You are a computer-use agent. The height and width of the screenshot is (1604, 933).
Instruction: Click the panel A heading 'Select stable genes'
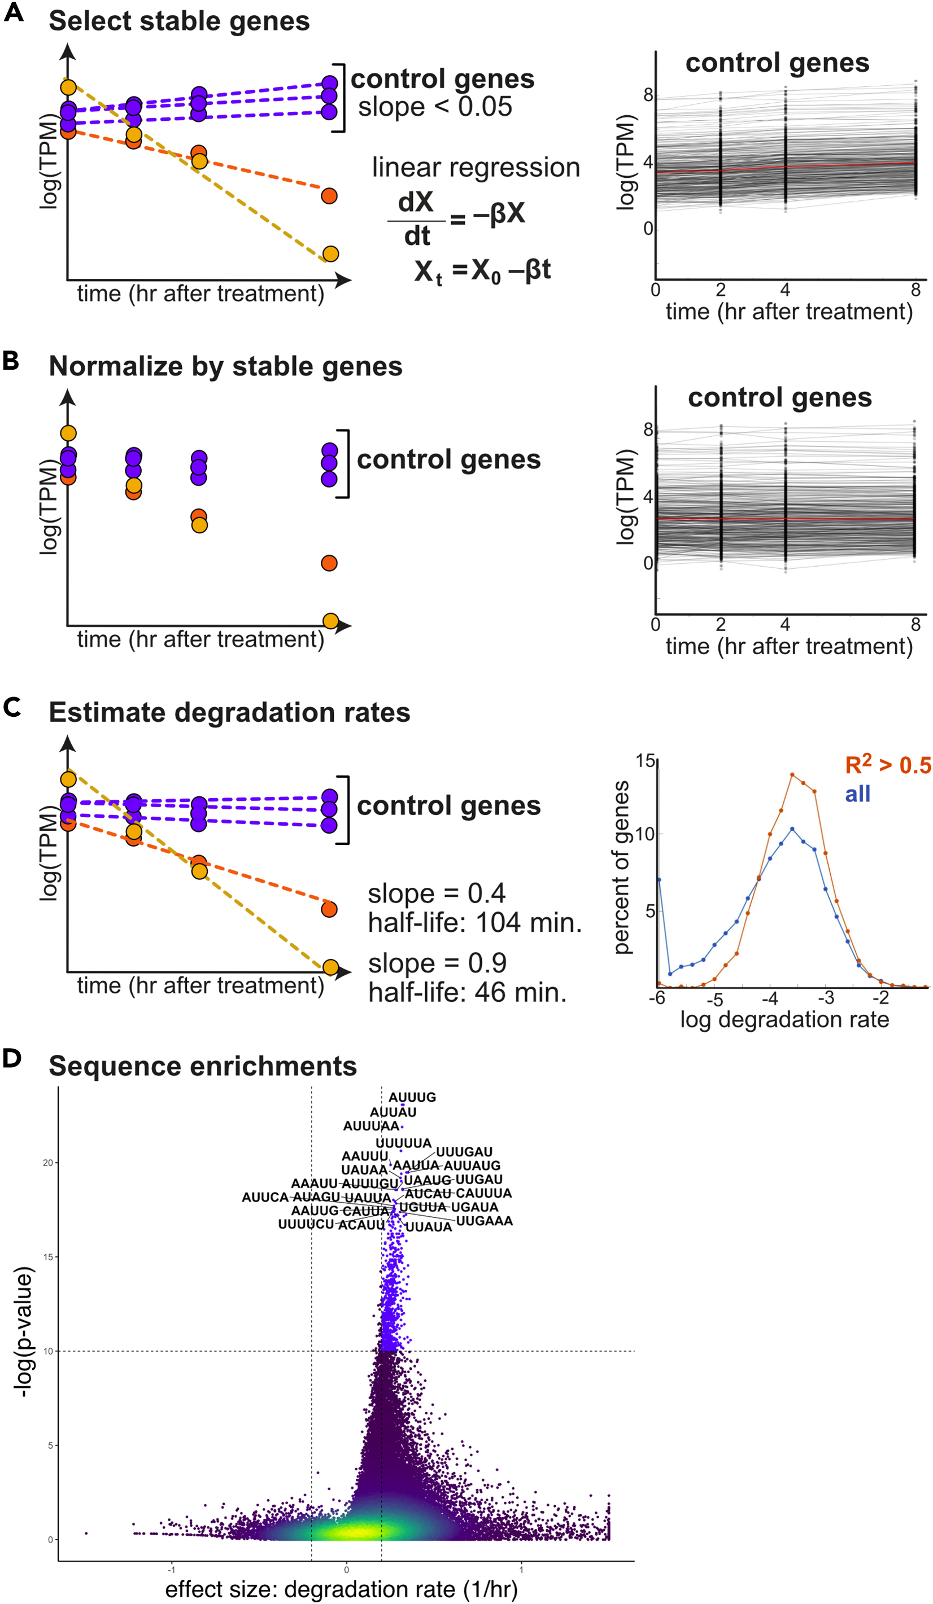click(179, 21)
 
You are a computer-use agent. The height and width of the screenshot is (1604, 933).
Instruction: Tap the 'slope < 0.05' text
click(434, 107)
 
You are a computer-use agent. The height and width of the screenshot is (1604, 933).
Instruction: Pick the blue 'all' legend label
click(857, 794)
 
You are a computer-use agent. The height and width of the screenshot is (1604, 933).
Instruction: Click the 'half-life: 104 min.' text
click(474, 922)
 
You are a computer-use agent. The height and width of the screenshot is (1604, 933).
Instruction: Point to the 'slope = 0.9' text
click(437, 963)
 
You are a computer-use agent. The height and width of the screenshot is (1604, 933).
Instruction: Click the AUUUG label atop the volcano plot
click(412, 1097)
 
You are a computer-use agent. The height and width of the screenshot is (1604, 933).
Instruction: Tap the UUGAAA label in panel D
click(484, 1221)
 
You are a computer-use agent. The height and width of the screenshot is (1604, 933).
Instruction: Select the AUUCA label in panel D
click(265, 1197)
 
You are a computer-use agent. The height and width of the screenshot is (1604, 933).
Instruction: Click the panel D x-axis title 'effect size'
click(341, 1589)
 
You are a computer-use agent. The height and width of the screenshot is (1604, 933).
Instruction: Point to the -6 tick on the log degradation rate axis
click(657, 997)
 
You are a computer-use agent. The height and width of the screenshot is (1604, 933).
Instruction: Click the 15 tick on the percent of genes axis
click(644, 761)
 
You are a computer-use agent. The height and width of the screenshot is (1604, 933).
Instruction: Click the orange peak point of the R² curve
click(792, 775)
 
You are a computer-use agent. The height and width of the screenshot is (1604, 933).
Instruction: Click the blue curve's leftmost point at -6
click(659, 880)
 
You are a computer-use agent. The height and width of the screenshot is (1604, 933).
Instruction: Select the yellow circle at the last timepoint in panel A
click(330, 254)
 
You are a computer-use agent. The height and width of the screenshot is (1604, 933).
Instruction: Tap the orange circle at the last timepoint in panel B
click(329, 563)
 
